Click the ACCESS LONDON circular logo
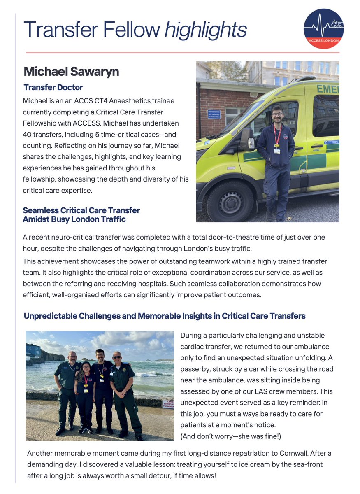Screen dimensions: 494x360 click(x=323, y=28)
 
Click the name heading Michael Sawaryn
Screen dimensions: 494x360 click(x=71, y=72)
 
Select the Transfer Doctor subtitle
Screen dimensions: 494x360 click(x=53, y=87)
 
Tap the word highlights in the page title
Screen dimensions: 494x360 click(x=205, y=30)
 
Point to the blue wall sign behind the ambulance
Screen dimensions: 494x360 click(x=214, y=114)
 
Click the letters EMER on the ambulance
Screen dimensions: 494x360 click(x=327, y=89)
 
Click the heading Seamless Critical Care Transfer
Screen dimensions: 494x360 click(x=81, y=210)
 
